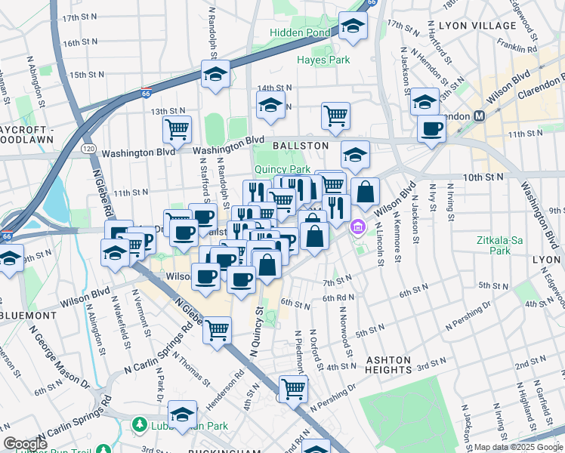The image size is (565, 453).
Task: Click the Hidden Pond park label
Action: (x=300, y=33)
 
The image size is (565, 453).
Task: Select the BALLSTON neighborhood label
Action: (x=301, y=145)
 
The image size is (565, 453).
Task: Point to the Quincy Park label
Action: (x=282, y=170)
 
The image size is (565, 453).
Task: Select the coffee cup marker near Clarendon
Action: (x=431, y=128)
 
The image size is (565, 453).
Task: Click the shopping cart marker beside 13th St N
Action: (x=177, y=128)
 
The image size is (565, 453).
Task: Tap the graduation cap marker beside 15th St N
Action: (x=215, y=74)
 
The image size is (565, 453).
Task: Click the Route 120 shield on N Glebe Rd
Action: (x=88, y=152)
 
